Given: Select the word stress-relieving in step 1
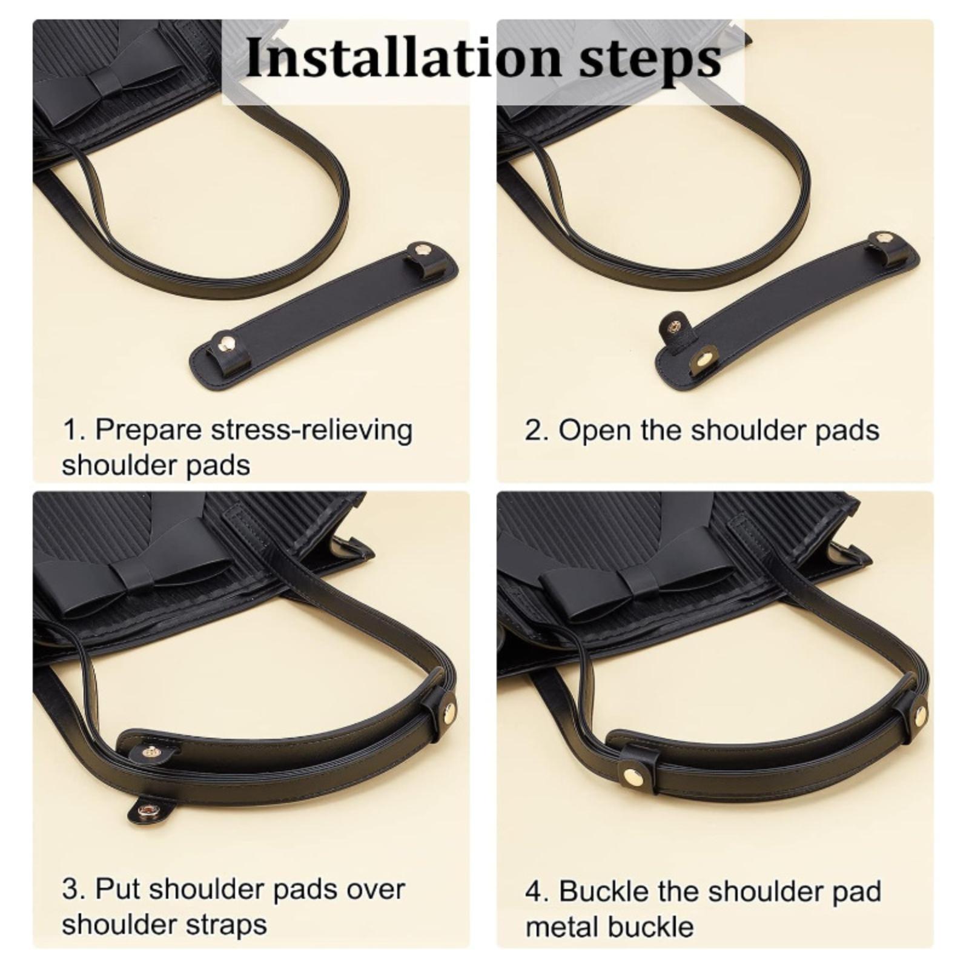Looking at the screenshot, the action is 312,431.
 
